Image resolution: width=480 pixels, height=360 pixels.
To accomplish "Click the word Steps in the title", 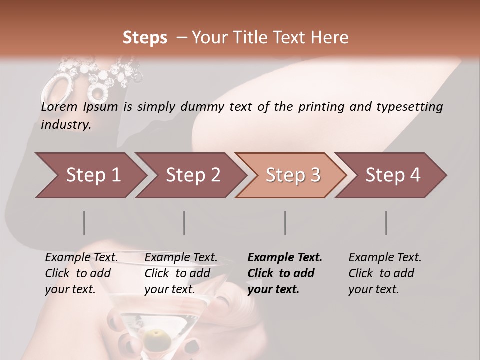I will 145,38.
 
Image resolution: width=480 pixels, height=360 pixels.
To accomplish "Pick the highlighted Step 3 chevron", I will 293,175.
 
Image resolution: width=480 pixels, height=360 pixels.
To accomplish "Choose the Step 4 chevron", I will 393,175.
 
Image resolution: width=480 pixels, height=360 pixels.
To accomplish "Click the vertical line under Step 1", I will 84,223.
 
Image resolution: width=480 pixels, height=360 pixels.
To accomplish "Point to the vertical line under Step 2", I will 184,223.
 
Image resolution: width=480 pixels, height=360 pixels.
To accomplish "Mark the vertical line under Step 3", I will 285,223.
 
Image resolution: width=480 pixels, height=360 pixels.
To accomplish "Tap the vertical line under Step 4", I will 386,223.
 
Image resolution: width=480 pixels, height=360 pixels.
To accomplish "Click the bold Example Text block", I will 285,273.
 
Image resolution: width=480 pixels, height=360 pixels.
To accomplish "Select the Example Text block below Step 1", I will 82,273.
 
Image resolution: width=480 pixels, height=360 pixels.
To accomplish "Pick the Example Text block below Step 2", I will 181,273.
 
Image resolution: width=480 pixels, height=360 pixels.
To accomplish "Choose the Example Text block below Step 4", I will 385,273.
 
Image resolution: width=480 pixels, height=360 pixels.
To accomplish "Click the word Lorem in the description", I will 59,107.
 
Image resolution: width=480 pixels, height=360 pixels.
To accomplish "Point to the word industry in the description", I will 66,125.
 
